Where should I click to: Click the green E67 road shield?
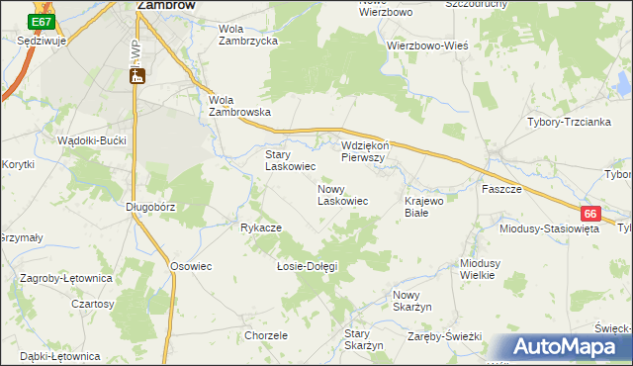(x=41, y=21)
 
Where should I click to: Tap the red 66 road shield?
(x=590, y=214)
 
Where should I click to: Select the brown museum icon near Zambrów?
(x=137, y=76)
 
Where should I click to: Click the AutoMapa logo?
(x=565, y=347)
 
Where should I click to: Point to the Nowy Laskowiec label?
(x=342, y=194)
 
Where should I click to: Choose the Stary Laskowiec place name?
(x=290, y=160)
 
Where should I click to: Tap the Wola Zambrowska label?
(x=239, y=106)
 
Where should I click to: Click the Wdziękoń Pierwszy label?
(x=369, y=150)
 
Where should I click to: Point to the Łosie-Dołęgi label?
(x=307, y=266)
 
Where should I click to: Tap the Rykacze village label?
(x=261, y=228)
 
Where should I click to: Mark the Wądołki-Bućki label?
(x=92, y=140)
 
